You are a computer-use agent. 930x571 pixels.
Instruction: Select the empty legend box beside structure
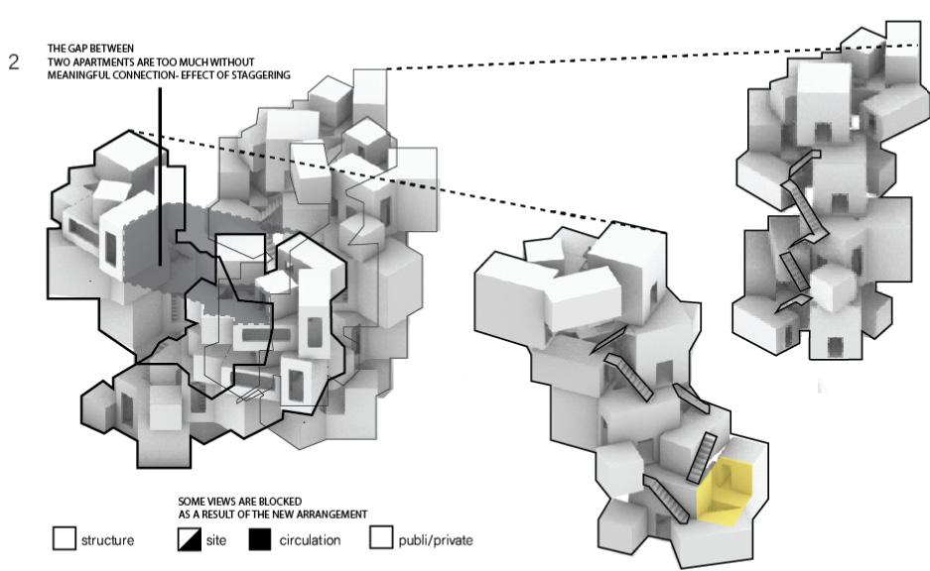64,539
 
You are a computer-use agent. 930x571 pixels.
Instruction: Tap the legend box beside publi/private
381,539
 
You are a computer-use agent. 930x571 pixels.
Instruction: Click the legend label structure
107,541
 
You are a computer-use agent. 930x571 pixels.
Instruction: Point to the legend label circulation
310,541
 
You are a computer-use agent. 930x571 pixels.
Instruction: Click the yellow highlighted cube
729,491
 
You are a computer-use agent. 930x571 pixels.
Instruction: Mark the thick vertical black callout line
160,178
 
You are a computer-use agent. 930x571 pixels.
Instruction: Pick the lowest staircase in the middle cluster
663,498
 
